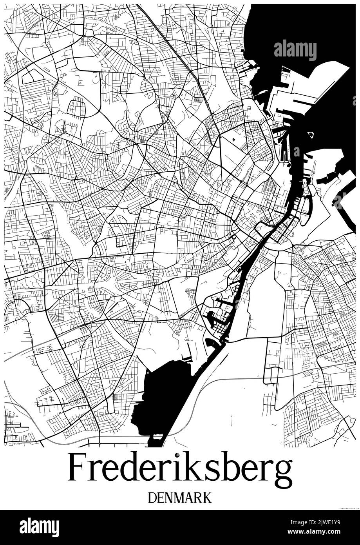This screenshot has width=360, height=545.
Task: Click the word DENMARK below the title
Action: (180, 498)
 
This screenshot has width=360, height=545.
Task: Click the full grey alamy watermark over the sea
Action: (295, 50)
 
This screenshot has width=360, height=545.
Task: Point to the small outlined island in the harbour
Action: (311, 135)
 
